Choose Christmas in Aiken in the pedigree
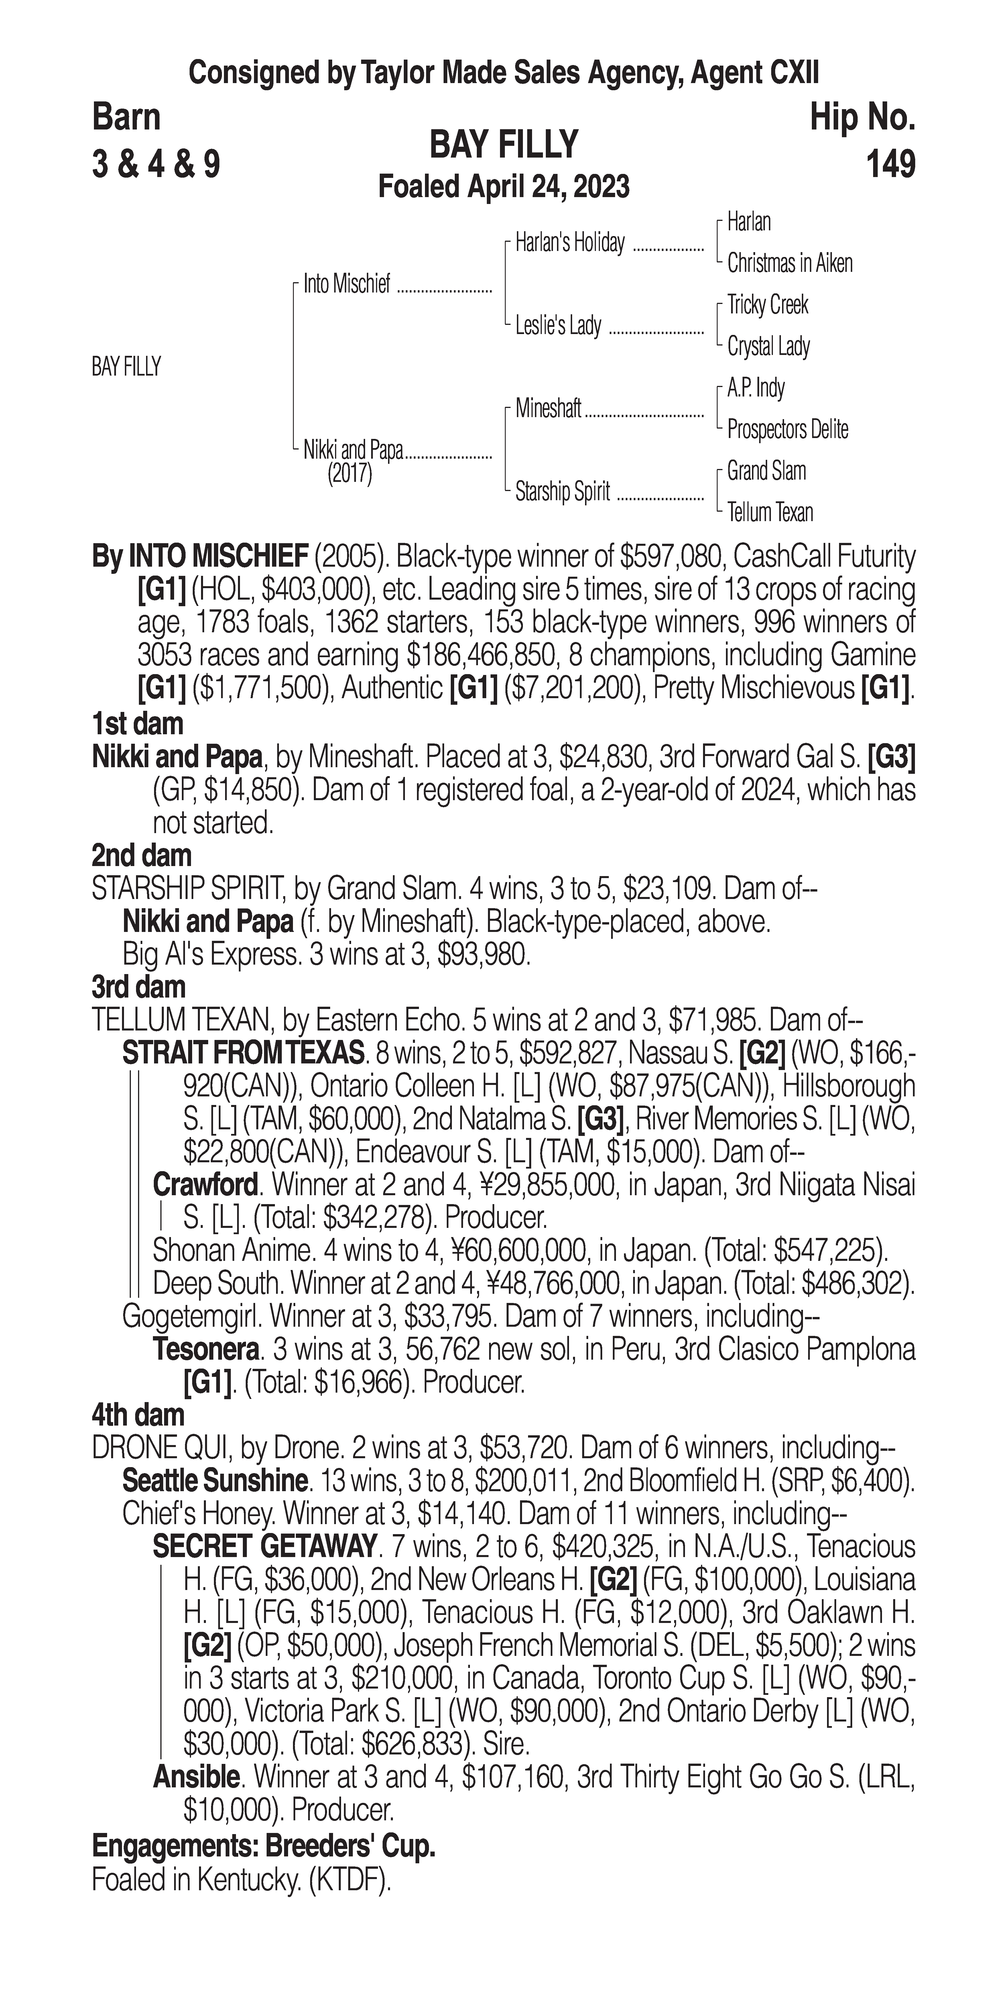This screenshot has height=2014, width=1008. [x=789, y=264]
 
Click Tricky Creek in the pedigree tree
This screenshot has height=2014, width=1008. [x=767, y=305]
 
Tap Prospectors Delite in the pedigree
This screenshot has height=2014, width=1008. [x=787, y=429]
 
